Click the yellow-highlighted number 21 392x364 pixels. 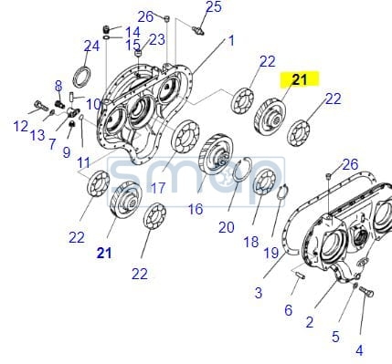[300, 79]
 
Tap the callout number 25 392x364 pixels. [214, 6]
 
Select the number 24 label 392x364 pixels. [91, 47]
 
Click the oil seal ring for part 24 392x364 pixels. [81, 77]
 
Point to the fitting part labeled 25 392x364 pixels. [198, 30]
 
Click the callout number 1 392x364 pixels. [231, 41]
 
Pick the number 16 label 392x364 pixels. [196, 209]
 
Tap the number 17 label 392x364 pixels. [158, 189]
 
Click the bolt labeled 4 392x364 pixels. [366, 292]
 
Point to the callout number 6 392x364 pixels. [288, 310]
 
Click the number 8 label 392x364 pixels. [58, 87]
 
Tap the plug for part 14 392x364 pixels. [106, 30]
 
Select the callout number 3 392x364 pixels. [259, 293]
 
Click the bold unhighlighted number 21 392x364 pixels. [104, 254]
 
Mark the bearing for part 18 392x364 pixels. [265, 182]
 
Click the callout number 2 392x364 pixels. [310, 322]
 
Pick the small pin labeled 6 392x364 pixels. [300, 275]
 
